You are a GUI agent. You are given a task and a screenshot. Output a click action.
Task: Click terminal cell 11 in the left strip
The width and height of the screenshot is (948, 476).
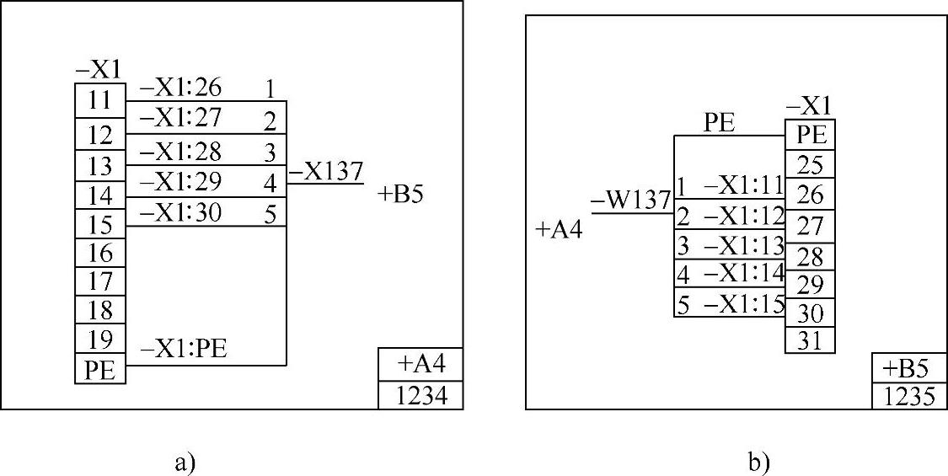tap(100, 100)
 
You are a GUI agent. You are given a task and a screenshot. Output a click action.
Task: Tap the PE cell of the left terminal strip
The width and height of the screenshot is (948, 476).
tap(100, 371)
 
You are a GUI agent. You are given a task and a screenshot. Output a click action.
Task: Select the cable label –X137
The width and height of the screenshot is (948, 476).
tap(326, 172)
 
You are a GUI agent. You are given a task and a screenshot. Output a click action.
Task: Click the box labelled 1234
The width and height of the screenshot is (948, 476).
tap(420, 396)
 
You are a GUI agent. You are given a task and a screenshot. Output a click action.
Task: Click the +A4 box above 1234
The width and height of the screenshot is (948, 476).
tap(420, 365)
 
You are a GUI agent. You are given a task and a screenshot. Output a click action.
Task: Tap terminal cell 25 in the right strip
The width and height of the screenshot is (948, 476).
tap(810, 163)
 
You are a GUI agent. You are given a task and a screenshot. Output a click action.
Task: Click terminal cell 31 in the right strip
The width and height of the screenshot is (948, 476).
tap(810, 340)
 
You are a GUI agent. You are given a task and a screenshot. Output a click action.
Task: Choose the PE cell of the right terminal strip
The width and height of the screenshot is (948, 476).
tap(810, 134)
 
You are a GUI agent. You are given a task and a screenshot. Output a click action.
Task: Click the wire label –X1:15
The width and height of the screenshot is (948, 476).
tap(743, 305)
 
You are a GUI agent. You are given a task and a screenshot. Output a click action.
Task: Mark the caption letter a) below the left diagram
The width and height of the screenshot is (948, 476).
tap(185, 461)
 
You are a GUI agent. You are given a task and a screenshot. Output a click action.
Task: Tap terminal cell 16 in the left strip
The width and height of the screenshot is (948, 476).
tap(100, 253)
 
